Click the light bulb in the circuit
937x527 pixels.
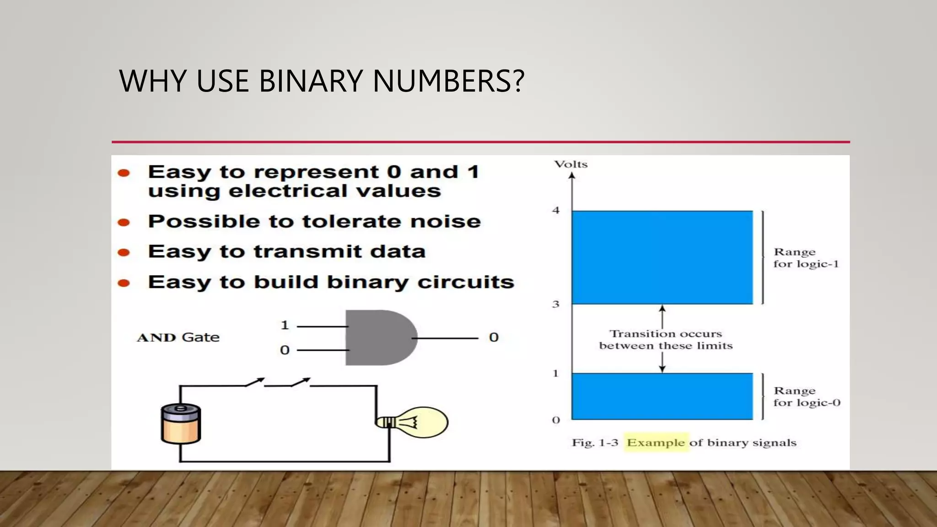click(414, 422)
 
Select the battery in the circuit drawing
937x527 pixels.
click(181, 424)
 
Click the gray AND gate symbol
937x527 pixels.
click(380, 338)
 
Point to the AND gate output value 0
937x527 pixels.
click(493, 338)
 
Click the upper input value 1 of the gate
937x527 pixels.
click(285, 325)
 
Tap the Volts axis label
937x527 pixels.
click(571, 164)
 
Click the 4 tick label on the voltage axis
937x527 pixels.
click(556, 210)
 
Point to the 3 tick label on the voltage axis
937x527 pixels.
click(556, 304)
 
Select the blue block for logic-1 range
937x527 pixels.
click(662, 257)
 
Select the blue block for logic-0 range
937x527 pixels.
click(662, 396)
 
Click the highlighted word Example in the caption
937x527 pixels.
click(656, 443)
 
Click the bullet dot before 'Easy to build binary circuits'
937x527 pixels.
click(124, 283)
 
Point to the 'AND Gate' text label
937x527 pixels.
click(178, 338)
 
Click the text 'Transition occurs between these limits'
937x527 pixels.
click(666, 340)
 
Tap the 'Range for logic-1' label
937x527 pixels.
click(806, 258)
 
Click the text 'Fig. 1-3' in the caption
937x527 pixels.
click(595, 443)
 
